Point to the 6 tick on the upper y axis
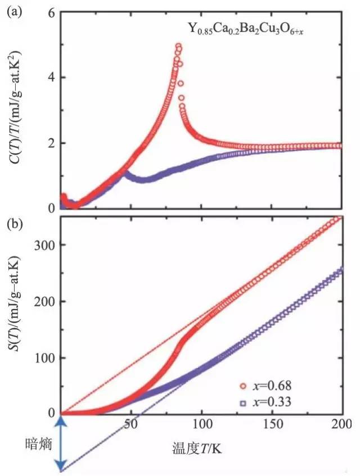[x=52, y=12]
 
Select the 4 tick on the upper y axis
[x=52, y=78]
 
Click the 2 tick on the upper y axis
[x=52, y=143]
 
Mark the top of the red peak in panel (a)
[x=178, y=46]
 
